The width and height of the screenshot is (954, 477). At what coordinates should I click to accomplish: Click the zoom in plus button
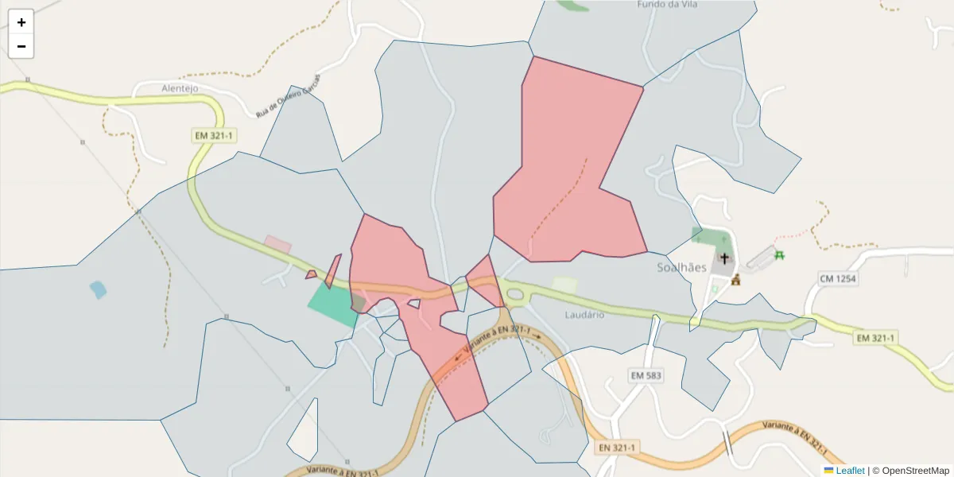point(21,22)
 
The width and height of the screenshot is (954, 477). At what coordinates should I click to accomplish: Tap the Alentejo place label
point(179,88)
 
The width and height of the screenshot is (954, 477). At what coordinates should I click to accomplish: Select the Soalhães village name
point(681,268)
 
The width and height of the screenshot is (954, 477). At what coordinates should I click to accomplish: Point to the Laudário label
point(584,315)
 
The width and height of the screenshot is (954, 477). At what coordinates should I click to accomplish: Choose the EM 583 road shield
point(646,375)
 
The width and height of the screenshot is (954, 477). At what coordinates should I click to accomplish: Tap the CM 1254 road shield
point(838,278)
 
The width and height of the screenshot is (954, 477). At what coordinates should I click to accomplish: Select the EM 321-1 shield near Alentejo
point(214,136)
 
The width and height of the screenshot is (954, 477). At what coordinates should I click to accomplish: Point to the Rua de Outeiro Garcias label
point(288,97)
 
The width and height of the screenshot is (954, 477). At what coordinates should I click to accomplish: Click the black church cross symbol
point(724,258)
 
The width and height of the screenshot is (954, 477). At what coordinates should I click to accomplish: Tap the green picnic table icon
point(780,255)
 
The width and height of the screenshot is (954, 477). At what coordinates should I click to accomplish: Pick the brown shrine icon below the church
point(735,279)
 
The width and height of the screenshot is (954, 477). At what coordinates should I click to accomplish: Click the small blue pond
point(98,289)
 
